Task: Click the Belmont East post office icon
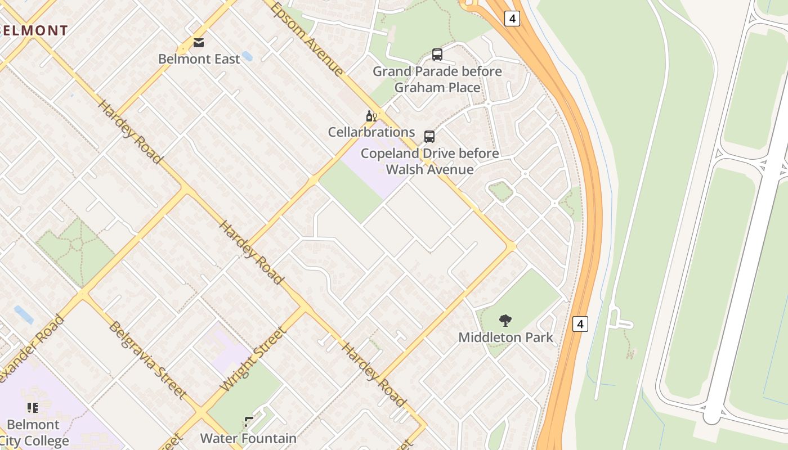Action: pyautogui.click(x=199, y=42)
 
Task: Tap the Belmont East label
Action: pyautogui.click(x=199, y=58)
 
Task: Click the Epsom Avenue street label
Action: pyautogui.click(x=307, y=39)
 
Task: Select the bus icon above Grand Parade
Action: pyautogui.click(x=437, y=55)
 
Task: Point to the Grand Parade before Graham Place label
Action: pyautogui.click(x=437, y=79)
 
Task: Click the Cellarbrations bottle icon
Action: pyautogui.click(x=371, y=116)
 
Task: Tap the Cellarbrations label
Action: pyautogui.click(x=371, y=132)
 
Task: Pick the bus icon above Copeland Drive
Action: pyautogui.click(x=429, y=137)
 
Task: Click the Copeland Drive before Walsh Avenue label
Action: pyautogui.click(x=429, y=161)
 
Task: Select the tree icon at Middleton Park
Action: pyautogui.click(x=505, y=321)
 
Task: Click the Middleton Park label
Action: pyautogui.click(x=505, y=337)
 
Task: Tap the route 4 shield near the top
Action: pyautogui.click(x=512, y=19)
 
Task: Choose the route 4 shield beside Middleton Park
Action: pyautogui.click(x=580, y=324)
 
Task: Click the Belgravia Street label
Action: pyautogui.click(x=147, y=360)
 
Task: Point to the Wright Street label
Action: pyautogui.click(x=254, y=359)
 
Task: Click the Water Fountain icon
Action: pyautogui.click(x=249, y=422)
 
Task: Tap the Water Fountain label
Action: pyautogui.click(x=248, y=438)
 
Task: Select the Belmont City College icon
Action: pyautogui.click(x=33, y=407)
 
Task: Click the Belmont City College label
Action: pyautogui.click(x=34, y=433)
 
